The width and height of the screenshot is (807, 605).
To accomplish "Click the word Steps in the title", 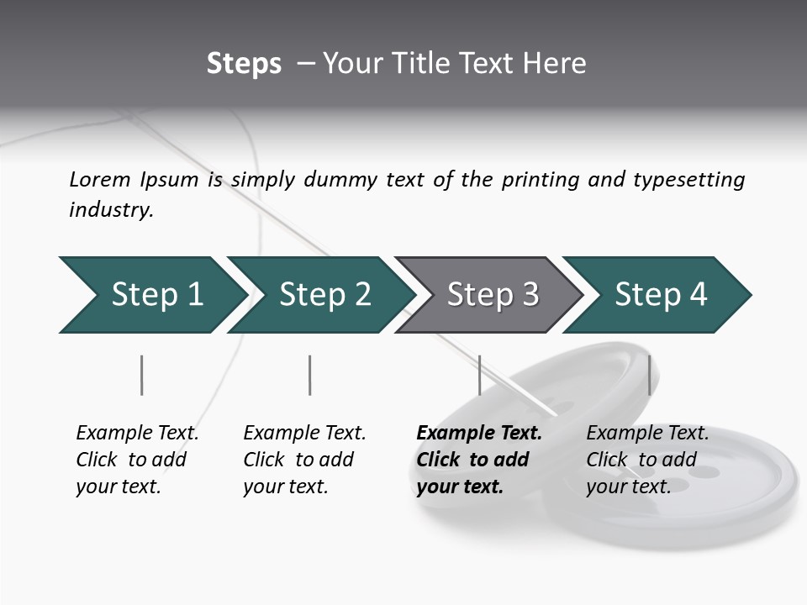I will pyautogui.click(x=244, y=64).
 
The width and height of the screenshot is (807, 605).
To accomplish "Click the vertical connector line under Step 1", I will pyautogui.click(x=142, y=375).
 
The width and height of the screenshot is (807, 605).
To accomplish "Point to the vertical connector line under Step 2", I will pyautogui.click(x=310, y=375).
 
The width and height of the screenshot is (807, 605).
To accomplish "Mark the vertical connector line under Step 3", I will pyautogui.click(x=479, y=375).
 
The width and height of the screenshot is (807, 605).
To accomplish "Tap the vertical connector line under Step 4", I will pyautogui.click(x=649, y=375).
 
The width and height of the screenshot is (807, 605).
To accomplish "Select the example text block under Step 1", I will pyautogui.click(x=136, y=460).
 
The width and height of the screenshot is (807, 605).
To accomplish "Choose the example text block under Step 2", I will pyautogui.click(x=303, y=460).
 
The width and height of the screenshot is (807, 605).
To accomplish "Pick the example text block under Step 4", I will pyautogui.click(x=646, y=460).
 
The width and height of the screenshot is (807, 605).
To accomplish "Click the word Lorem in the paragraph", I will pyautogui.click(x=100, y=180).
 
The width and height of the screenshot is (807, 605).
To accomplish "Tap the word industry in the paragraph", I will pyautogui.click(x=111, y=210).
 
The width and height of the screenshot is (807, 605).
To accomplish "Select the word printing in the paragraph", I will pyautogui.click(x=541, y=180).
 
